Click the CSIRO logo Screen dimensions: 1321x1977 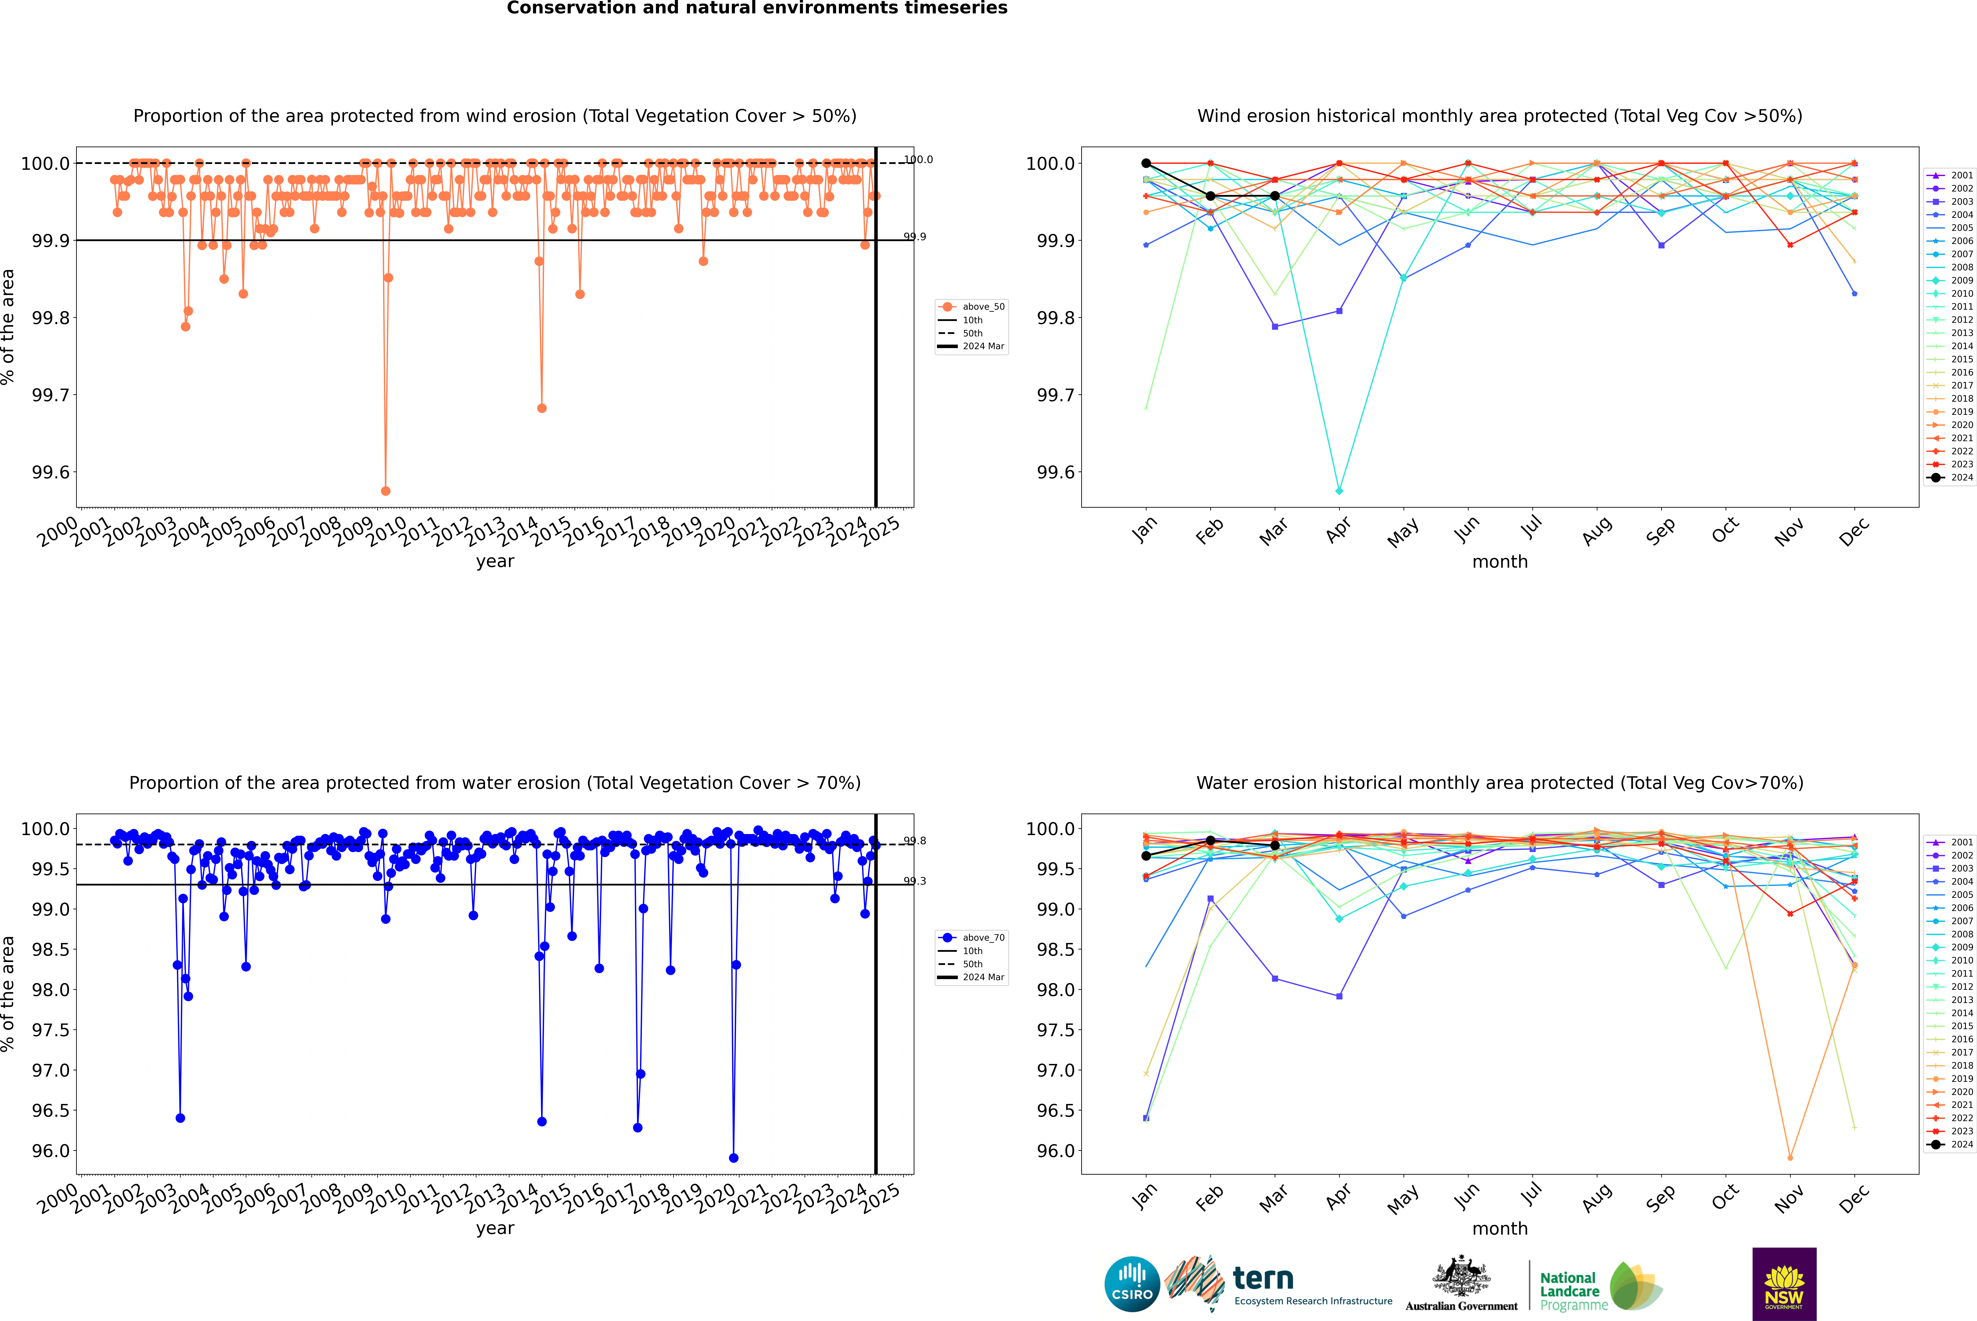tap(1132, 1284)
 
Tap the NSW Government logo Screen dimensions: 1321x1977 tap(1784, 1284)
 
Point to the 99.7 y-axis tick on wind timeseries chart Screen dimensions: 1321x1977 tap(51, 395)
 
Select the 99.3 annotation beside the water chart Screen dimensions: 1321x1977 tap(914, 881)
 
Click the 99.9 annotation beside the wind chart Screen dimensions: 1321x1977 tap(914, 237)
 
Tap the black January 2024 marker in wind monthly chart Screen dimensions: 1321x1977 tap(1146, 164)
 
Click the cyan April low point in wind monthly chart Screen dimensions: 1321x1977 tap(1339, 490)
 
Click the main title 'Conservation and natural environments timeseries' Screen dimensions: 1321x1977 tap(757, 8)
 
